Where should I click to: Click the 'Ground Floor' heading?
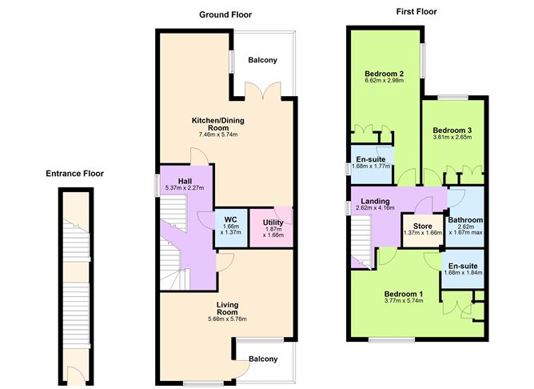[225, 14]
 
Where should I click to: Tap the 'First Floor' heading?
[416, 11]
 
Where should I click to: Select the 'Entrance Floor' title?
[74, 174]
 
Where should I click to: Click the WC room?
[231, 227]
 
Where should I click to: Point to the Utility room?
[272, 227]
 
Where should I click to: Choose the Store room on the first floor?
[423, 230]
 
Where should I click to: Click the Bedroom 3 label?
[452, 130]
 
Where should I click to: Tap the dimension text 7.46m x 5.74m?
[218, 134]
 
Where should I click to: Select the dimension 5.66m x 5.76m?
[227, 319]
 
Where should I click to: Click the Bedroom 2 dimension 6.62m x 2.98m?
[385, 81]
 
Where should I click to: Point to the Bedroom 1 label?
[404, 294]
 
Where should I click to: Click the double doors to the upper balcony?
[262, 90]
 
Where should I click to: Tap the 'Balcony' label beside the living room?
[263, 359]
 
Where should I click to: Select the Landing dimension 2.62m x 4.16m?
[375, 208]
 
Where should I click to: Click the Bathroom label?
[465, 220]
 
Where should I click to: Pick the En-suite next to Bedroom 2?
[372, 165]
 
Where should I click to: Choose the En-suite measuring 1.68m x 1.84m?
[463, 269]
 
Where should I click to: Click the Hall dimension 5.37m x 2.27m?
[185, 188]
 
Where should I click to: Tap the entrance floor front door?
[76, 375]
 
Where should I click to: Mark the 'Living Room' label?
[227, 308]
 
